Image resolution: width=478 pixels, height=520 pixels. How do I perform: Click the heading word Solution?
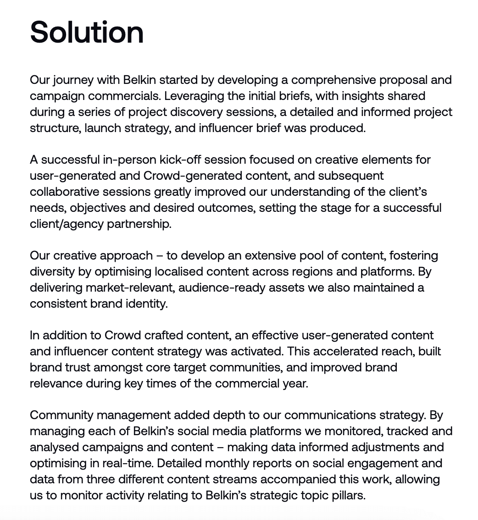[87, 32]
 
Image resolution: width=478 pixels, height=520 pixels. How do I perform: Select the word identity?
[147, 304]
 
